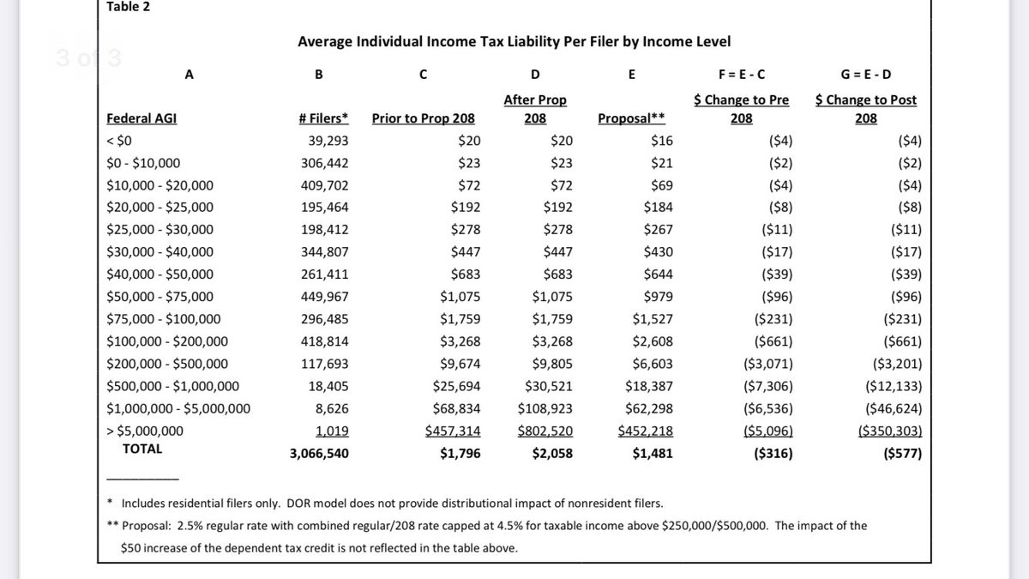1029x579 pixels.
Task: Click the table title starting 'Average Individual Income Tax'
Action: click(x=514, y=41)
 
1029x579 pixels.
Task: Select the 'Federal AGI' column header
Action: click(x=141, y=118)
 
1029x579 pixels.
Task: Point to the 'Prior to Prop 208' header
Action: click(x=423, y=118)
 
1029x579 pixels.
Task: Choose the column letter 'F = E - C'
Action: click(x=742, y=74)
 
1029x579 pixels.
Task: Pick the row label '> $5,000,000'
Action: click(x=145, y=431)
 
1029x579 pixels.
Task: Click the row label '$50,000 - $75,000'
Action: click(x=160, y=297)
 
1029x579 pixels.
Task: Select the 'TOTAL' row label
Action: click(x=142, y=449)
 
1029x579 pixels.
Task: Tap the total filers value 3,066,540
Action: click(x=319, y=454)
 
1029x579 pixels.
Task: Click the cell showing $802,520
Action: click(x=545, y=431)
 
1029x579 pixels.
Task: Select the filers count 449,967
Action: click(x=322, y=297)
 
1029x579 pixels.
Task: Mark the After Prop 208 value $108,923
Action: click(x=545, y=408)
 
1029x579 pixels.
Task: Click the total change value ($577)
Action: click(x=902, y=454)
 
